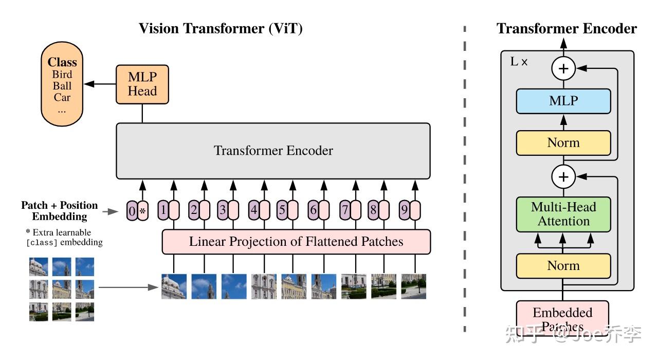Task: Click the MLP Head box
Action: pos(142,84)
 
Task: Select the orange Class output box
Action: pos(62,85)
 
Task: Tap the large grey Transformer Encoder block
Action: pos(273,151)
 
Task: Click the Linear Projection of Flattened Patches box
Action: pos(296,242)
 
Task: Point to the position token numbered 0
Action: pos(132,211)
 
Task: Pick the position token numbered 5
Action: pos(282,210)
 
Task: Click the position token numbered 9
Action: pos(405,210)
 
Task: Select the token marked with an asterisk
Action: pos(143,211)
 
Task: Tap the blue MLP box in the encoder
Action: pos(563,101)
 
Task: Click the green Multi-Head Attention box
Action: pos(563,214)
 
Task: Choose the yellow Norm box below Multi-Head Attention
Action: pos(563,266)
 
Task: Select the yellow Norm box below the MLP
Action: pos(563,143)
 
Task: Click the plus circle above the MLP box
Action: pos(563,68)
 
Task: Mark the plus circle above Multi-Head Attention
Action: pos(563,177)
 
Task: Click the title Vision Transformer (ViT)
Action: pos(221,29)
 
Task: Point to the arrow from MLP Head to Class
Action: pos(100,84)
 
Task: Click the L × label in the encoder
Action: pos(519,62)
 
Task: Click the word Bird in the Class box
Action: pos(62,75)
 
